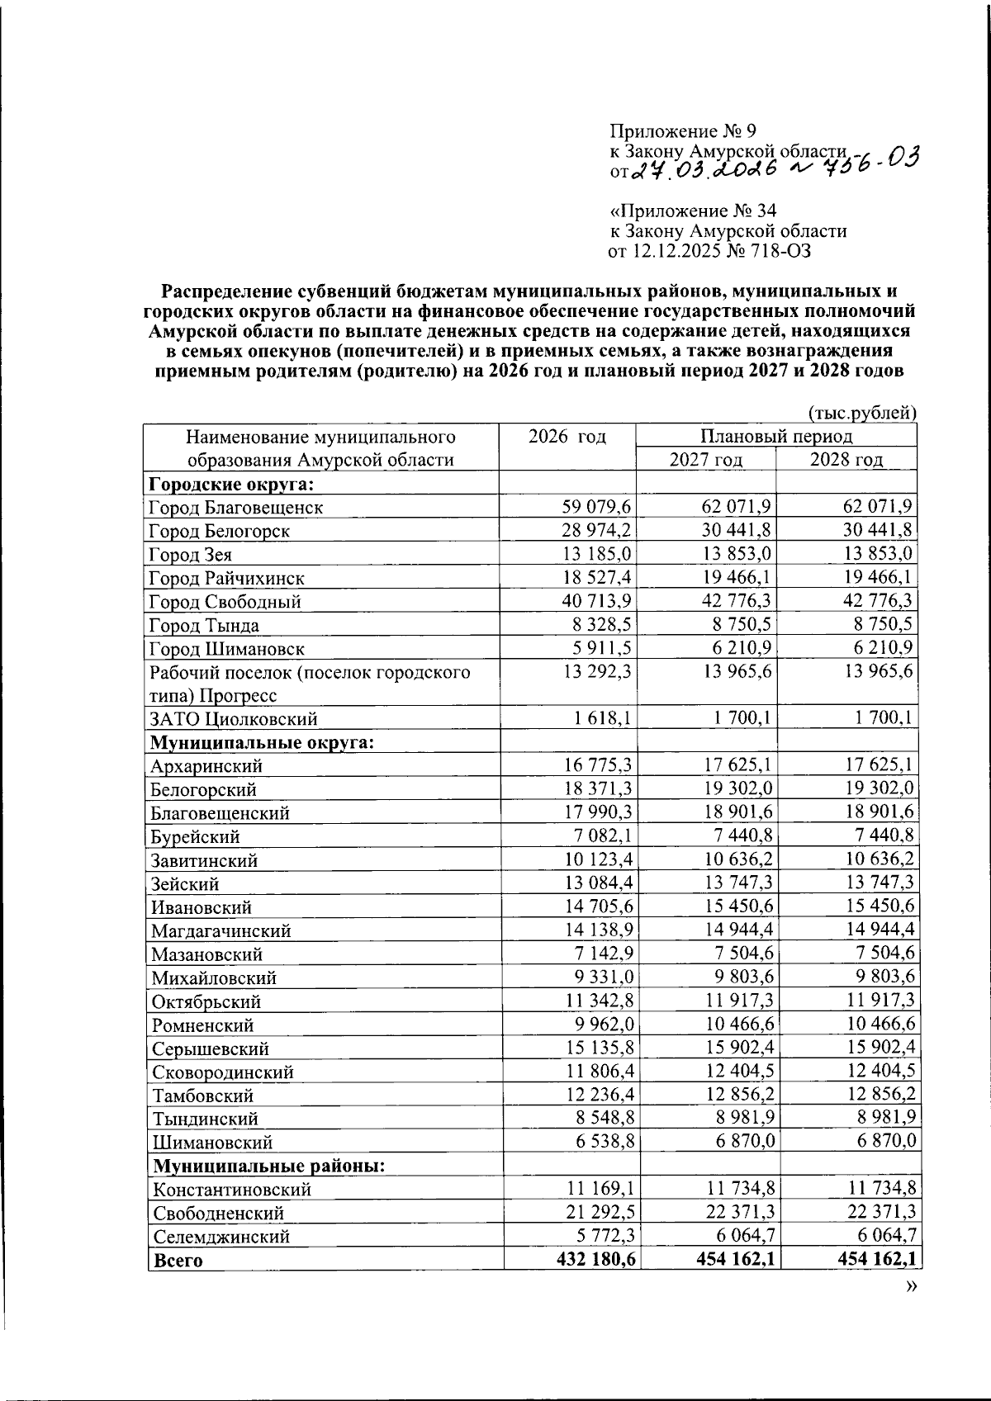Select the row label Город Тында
pyautogui.click(x=204, y=625)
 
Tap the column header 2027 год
pyautogui.click(x=705, y=459)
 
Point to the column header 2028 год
pyautogui.click(x=846, y=459)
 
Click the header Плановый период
pyautogui.click(x=776, y=436)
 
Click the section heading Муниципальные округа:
pyautogui.click(x=262, y=742)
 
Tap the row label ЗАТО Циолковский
pyautogui.click(x=233, y=719)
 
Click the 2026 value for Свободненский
pyautogui.click(x=596, y=1213)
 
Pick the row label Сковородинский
pyautogui.click(x=222, y=1072)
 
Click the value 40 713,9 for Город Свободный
pyautogui.click(x=596, y=601)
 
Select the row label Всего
pyautogui.click(x=178, y=1261)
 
